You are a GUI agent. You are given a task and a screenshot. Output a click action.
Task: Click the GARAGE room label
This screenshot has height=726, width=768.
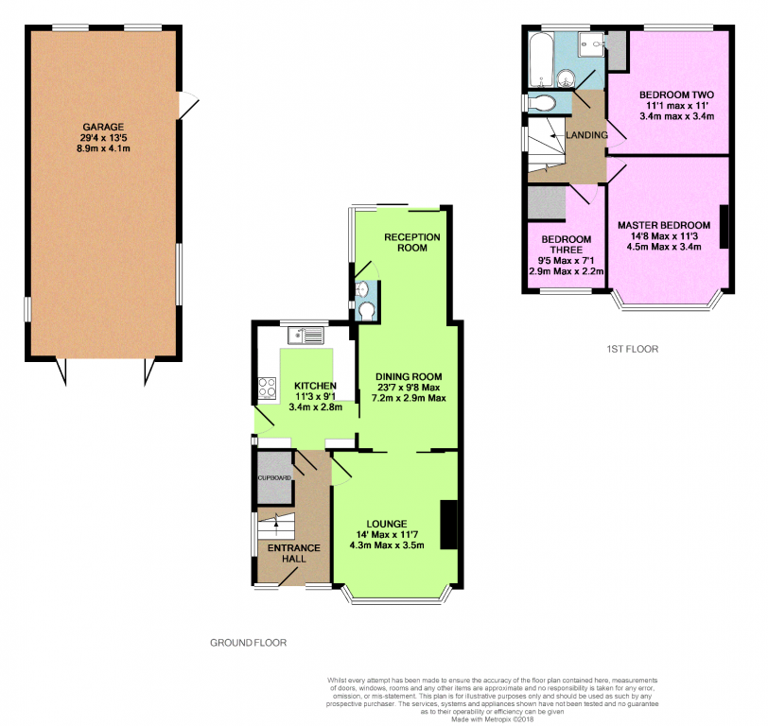(x=103, y=127)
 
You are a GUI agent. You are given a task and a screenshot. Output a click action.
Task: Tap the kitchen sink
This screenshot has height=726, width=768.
(x=305, y=336)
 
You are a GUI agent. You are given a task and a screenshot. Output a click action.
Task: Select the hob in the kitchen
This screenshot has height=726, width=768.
(x=267, y=389)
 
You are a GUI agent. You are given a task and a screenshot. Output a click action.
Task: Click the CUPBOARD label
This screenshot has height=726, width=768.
(x=274, y=477)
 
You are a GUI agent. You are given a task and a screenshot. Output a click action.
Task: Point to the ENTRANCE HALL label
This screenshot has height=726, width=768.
(x=294, y=553)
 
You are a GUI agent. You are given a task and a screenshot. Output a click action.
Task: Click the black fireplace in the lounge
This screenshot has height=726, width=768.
(x=448, y=525)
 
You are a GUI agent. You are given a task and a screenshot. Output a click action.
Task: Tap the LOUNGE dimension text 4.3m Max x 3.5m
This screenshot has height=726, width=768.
(x=387, y=545)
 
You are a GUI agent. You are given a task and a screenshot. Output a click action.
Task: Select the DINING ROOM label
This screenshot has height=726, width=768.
(x=409, y=376)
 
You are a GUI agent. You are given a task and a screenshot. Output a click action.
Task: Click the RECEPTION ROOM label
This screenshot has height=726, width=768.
(x=412, y=242)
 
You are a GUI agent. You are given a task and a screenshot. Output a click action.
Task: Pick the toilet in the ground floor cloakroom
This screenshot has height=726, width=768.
(x=366, y=310)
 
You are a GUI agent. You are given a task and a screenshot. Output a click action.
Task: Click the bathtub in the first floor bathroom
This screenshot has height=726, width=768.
(x=541, y=59)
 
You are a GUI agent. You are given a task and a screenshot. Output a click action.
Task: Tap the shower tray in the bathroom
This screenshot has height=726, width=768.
(x=592, y=44)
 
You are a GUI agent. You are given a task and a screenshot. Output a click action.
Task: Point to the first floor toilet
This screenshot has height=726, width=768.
(x=541, y=103)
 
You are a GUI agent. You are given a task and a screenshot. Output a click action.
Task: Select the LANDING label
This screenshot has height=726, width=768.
(x=586, y=135)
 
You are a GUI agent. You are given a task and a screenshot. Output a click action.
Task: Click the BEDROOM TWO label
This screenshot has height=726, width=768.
(x=676, y=95)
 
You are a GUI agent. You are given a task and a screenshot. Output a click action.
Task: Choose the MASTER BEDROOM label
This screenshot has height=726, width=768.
(x=664, y=225)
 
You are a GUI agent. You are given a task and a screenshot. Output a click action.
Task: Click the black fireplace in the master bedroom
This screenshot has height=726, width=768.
(x=724, y=226)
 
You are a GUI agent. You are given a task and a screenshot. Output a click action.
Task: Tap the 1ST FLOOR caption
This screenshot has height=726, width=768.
(x=633, y=349)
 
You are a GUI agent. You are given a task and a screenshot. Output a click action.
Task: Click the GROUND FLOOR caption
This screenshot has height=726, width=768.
(x=249, y=643)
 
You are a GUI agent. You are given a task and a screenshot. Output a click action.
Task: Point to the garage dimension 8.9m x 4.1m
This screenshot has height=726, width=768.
(x=103, y=148)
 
